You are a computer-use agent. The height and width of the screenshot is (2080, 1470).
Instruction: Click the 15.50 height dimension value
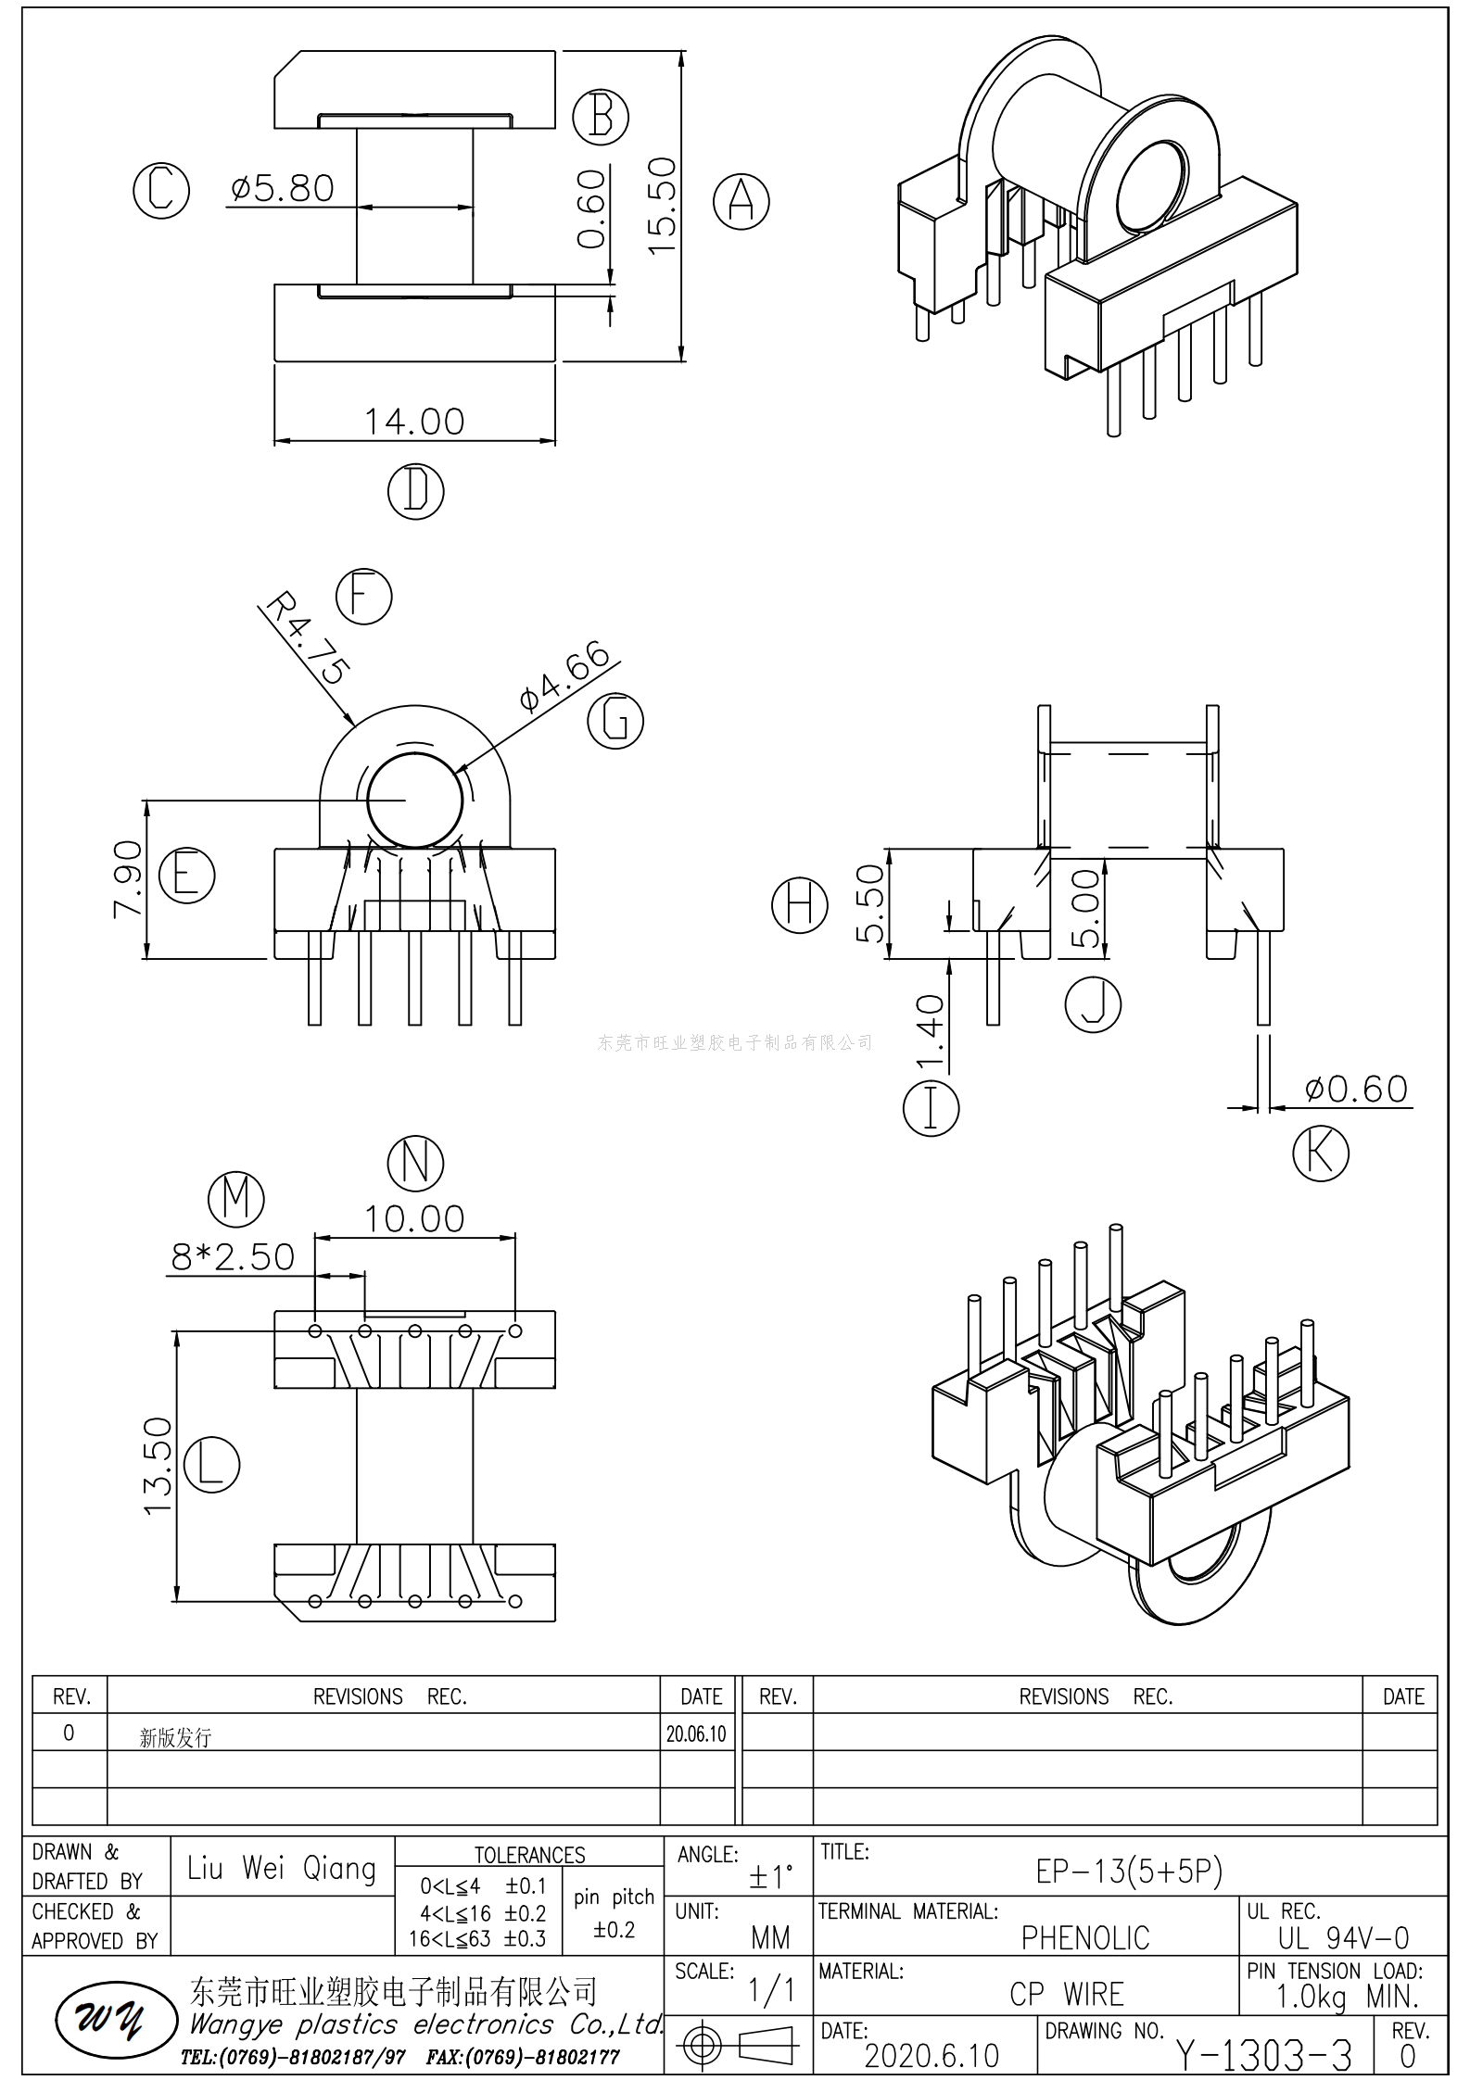662,206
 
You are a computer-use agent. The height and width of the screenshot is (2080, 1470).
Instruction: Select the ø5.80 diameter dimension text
282,188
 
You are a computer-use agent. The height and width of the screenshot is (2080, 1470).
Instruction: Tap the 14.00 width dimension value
414,422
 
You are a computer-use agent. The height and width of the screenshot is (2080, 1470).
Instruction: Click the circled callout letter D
416,491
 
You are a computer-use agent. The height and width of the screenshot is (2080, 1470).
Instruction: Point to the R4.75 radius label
307,639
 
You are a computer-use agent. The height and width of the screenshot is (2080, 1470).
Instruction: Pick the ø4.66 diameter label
564,674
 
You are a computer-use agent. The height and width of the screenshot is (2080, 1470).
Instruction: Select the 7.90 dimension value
128,879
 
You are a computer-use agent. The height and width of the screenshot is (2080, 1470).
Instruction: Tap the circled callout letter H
800,904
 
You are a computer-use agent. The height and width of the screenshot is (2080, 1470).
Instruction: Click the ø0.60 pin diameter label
1356,1089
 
